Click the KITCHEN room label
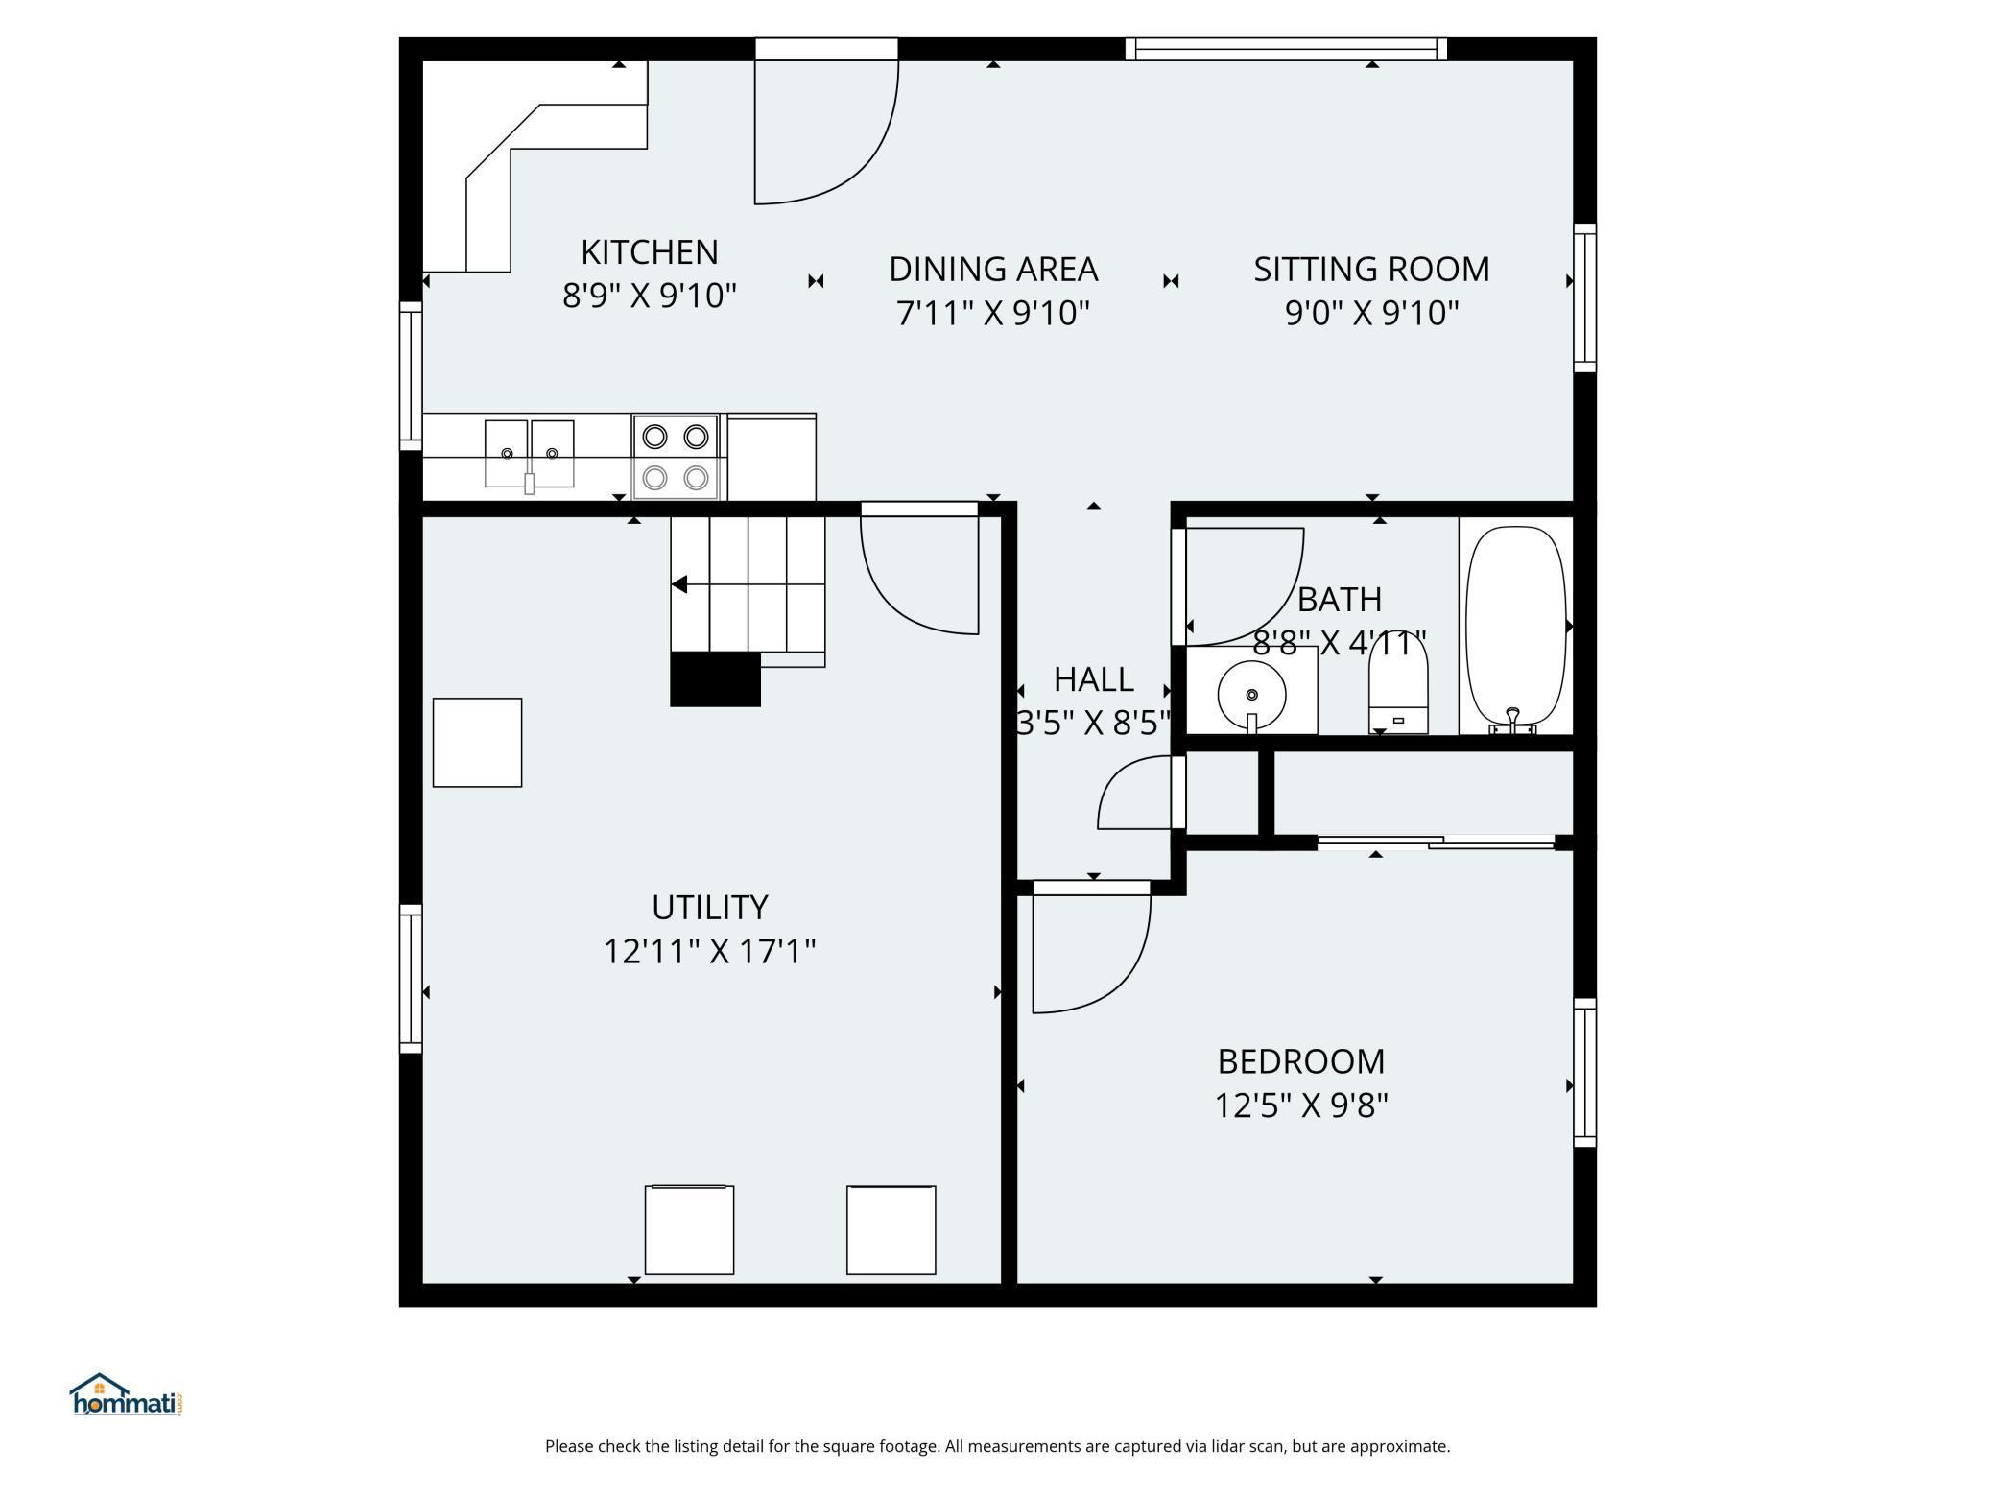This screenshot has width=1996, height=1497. [650, 252]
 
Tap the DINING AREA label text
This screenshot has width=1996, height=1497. [993, 270]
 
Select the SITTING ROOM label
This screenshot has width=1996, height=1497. [1371, 270]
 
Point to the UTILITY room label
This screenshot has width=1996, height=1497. [710, 908]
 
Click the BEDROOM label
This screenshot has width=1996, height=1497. [1301, 1062]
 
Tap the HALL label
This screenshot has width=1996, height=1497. [1094, 679]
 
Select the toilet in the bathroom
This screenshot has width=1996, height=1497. [1398, 684]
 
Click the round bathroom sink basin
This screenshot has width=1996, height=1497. [1251, 695]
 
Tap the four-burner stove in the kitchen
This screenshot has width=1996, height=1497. [676, 457]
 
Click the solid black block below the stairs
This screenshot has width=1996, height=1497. [715, 679]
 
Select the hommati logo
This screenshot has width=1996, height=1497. [127, 1394]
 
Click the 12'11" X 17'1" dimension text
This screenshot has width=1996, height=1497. [710, 952]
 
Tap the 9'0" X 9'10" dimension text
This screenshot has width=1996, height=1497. [1371, 313]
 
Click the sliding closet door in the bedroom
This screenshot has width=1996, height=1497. [1436, 843]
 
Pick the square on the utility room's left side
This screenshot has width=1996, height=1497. [477, 743]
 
